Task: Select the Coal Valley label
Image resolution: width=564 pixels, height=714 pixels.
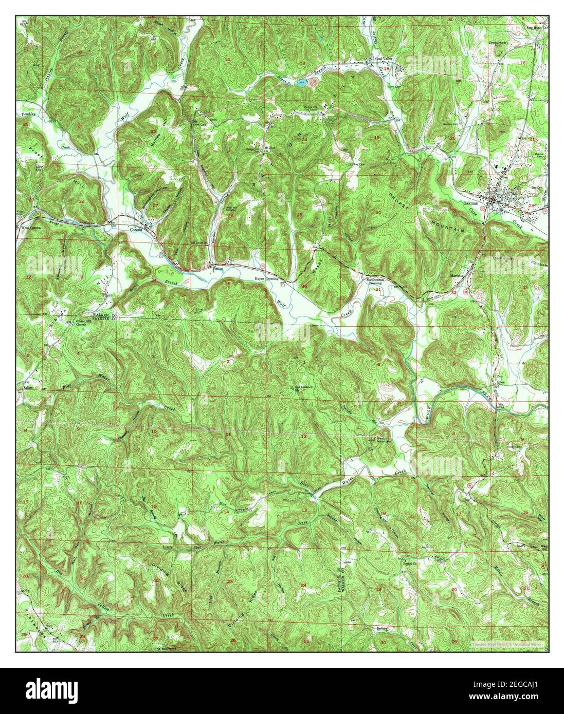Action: [x=383, y=59]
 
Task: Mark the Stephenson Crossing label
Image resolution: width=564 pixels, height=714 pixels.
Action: [x=374, y=281]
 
